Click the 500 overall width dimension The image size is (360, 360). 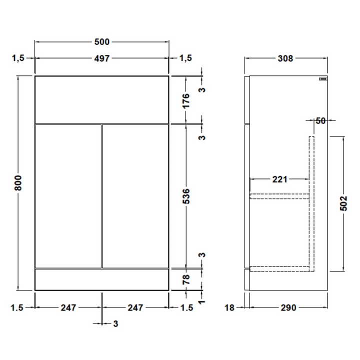(x=102, y=42)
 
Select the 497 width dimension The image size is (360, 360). (x=102, y=58)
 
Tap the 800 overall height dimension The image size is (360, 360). (x=18, y=183)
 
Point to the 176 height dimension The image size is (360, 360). (x=186, y=100)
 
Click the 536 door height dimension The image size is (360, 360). (x=186, y=196)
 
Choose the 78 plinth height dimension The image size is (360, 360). (x=186, y=279)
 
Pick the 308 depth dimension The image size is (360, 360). (x=285, y=58)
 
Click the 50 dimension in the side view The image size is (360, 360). (x=320, y=120)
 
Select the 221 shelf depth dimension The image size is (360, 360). (x=279, y=179)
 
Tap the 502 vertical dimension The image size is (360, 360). (x=343, y=203)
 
